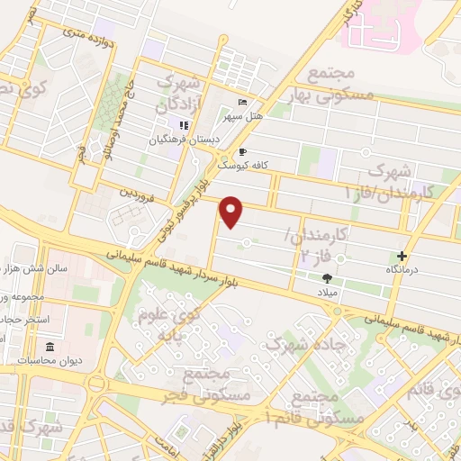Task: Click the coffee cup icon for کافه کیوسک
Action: coord(242,152)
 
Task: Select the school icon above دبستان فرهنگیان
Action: coord(184,125)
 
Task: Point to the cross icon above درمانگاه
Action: coord(402,256)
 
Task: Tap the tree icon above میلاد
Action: coord(327,278)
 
